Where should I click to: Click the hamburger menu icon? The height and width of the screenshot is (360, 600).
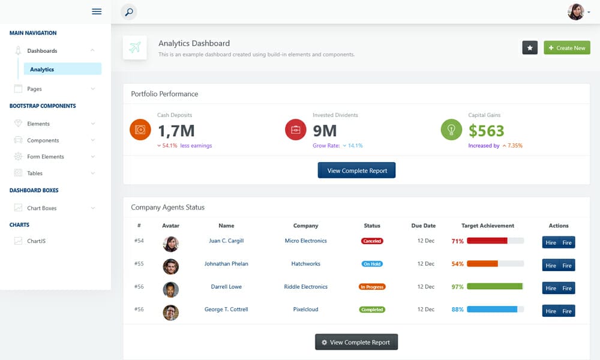[97, 11]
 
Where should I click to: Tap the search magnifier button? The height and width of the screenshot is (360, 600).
[129, 11]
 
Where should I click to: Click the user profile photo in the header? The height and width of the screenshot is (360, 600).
[576, 12]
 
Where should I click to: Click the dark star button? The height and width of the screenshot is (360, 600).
[530, 47]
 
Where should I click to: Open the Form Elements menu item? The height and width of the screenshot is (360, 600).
[46, 157]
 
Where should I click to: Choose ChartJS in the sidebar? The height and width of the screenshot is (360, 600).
[36, 241]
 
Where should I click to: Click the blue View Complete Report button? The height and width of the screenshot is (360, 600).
[356, 171]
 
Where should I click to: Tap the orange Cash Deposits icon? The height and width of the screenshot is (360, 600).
[140, 130]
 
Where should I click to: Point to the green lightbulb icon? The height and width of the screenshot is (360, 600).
[451, 130]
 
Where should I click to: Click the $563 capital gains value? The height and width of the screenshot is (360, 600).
[486, 131]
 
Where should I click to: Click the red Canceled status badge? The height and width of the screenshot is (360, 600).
[372, 241]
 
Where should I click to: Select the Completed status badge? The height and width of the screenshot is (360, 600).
[372, 310]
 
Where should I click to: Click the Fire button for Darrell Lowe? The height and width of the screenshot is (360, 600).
[567, 289]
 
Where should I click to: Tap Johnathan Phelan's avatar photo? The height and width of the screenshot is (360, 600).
[170, 266]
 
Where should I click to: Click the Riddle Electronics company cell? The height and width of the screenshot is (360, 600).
[306, 287]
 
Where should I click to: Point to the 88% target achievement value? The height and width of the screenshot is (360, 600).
[458, 310]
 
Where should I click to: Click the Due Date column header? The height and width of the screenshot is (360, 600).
[424, 226]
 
